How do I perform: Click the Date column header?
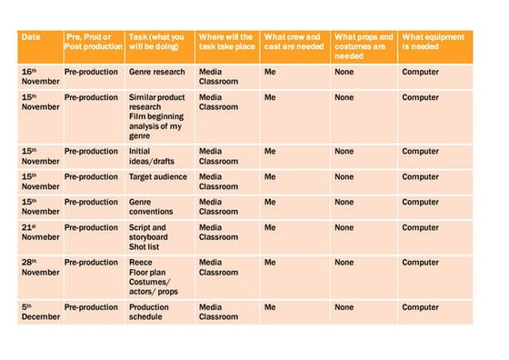coord(31,37)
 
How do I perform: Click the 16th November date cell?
coord(39,76)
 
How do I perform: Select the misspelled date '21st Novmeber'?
coord(39,233)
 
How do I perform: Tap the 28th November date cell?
coord(39,267)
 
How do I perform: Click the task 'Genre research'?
coord(156,72)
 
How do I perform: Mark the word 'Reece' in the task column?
coord(141,263)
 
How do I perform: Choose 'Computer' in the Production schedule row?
coord(420,307)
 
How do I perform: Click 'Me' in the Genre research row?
coord(270,72)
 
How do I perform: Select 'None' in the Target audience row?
coord(344,177)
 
